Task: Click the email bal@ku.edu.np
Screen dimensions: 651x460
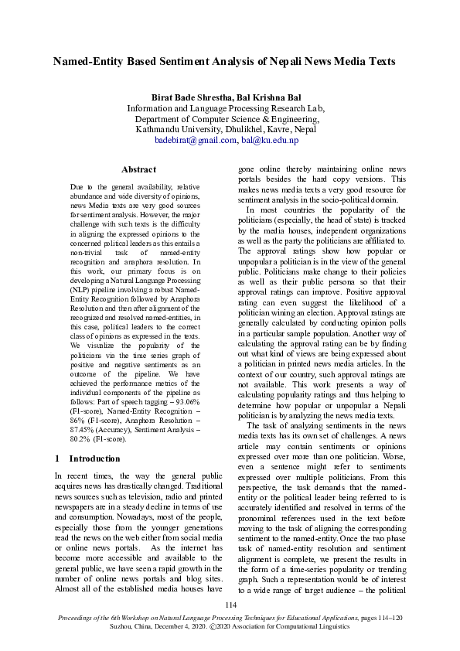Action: [270, 140]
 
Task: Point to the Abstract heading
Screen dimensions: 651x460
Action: [138, 169]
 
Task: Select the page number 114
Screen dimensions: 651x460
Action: [230, 605]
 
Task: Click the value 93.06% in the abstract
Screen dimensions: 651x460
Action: [185, 402]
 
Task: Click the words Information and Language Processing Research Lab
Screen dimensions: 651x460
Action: [230, 108]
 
